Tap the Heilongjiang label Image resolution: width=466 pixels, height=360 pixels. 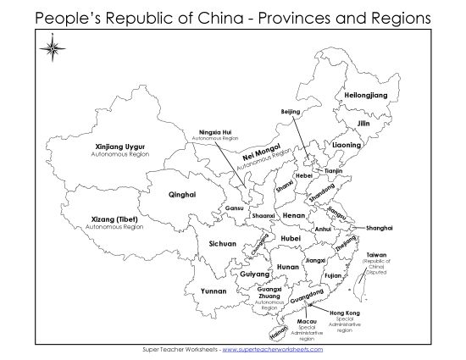click(x=365, y=96)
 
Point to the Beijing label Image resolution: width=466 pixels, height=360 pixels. click(x=291, y=112)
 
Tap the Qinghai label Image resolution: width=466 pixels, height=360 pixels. click(x=182, y=194)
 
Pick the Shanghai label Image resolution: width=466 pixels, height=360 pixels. click(x=379, y=228)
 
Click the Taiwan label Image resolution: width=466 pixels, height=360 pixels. click(x=376, y=255)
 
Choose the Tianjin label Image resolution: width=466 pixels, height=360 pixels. click(x=333, y=171)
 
